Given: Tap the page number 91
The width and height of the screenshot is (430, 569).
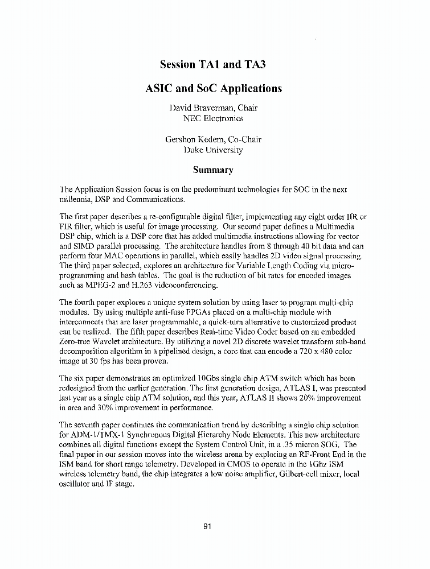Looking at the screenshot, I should point(207,526).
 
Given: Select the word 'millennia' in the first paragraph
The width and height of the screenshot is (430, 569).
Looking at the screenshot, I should point(76,200).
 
